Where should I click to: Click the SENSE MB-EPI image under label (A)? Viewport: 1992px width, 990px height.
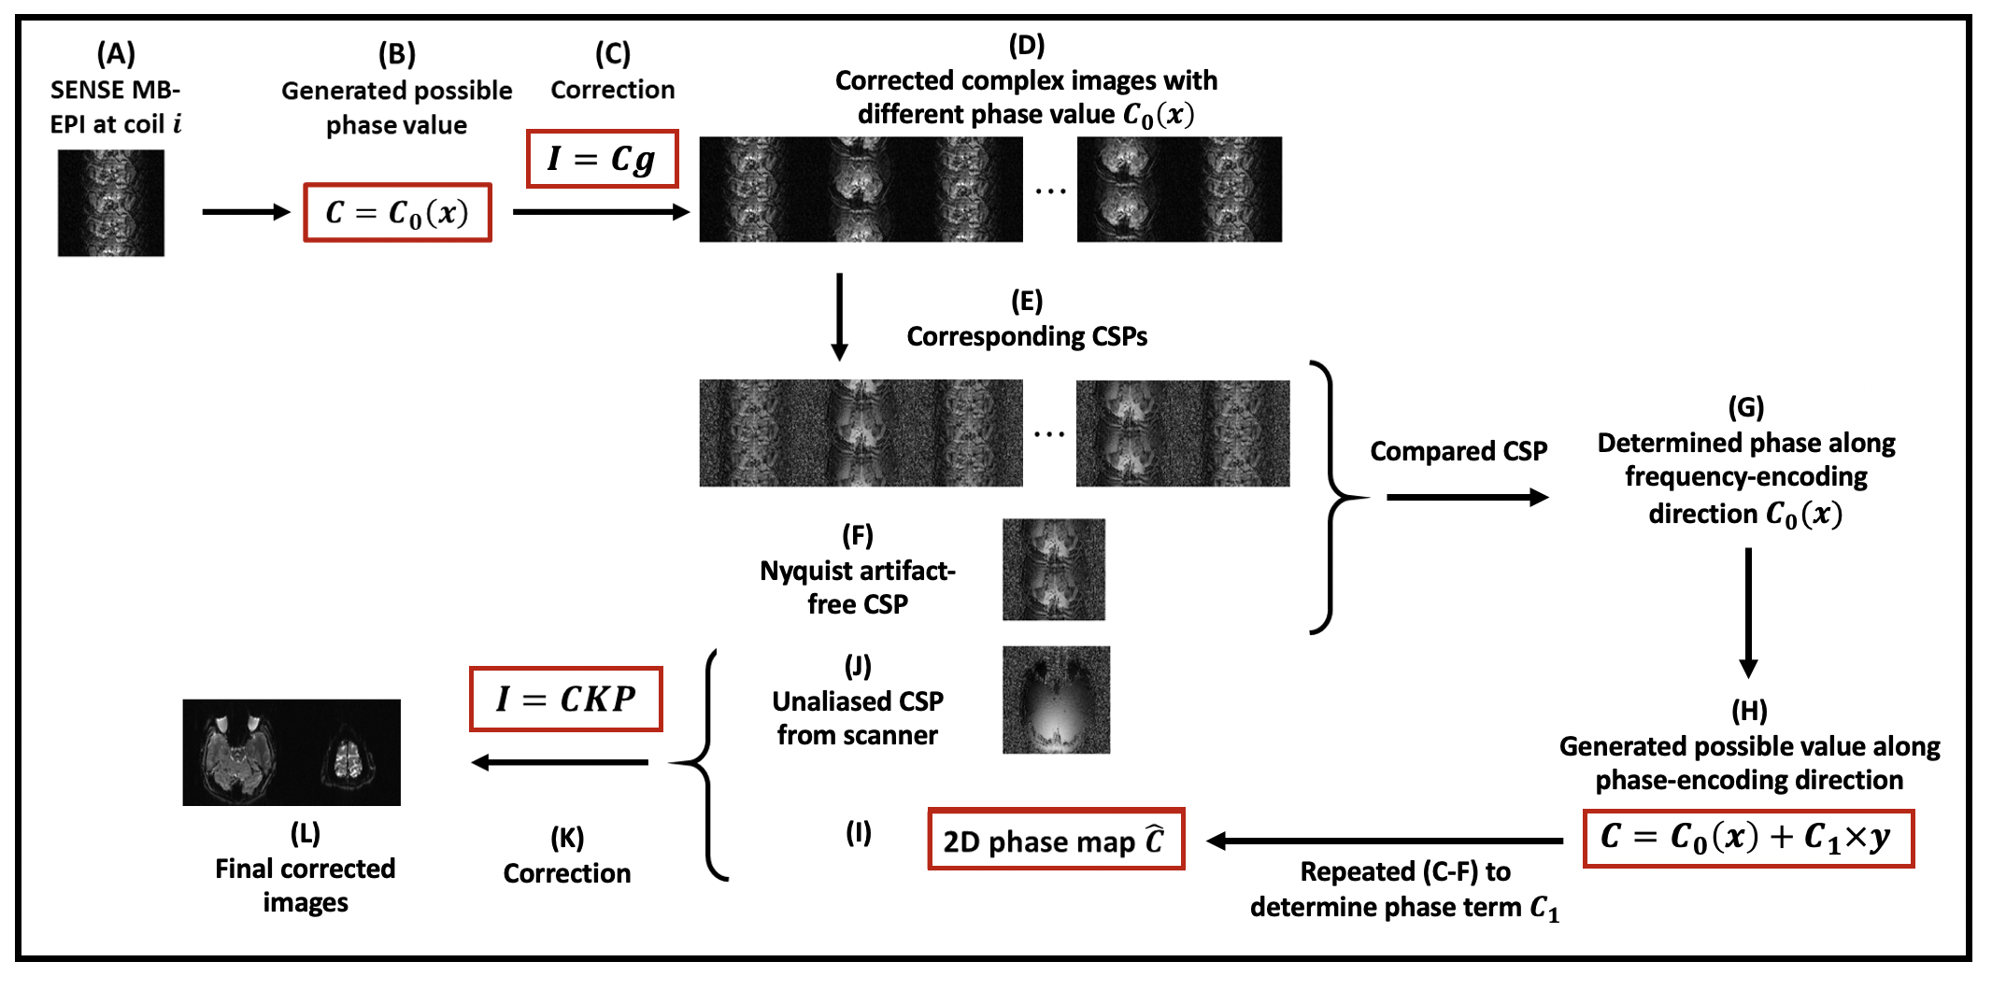pos(111,203)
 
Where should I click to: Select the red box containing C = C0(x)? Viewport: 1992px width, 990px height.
pos(397,213)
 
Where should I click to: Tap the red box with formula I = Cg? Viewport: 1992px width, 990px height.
pos(602,159)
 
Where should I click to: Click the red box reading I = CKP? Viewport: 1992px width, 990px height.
pos(566,699)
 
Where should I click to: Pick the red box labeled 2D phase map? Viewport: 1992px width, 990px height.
pos(1056,840)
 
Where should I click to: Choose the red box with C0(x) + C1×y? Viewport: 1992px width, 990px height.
pos(1748,838)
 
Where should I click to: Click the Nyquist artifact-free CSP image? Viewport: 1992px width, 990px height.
pos(1054,570)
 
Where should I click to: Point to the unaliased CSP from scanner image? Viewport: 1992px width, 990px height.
pos(1056,700)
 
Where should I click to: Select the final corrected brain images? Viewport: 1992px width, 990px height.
pos(292,752)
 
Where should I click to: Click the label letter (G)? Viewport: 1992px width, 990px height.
pos(1745,407)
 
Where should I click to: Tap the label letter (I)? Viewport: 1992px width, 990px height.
pos(858,832)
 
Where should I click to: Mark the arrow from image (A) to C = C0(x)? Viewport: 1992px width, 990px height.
pos(246,212)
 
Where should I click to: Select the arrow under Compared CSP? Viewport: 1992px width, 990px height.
pos(1467,497)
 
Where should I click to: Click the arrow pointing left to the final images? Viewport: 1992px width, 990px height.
pos(561,762)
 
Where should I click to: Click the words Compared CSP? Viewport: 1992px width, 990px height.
pos(1458,451)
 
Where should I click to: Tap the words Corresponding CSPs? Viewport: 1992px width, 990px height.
pos(1027,336)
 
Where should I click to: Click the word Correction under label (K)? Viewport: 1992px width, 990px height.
pos(567,873)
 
